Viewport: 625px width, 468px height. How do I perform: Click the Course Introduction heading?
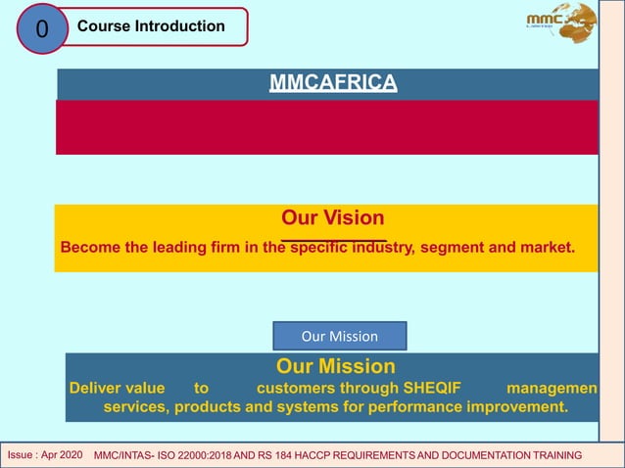(151, 26)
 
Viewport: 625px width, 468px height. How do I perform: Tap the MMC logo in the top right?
(560, 23)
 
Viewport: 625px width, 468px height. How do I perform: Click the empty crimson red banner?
(326, 127)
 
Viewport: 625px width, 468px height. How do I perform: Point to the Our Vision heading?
(333, 217)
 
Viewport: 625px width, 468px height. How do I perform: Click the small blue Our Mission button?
(339, 336)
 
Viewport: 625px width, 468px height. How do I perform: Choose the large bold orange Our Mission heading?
(336, 367)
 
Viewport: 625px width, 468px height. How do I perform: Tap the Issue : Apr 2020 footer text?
(45, 456)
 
